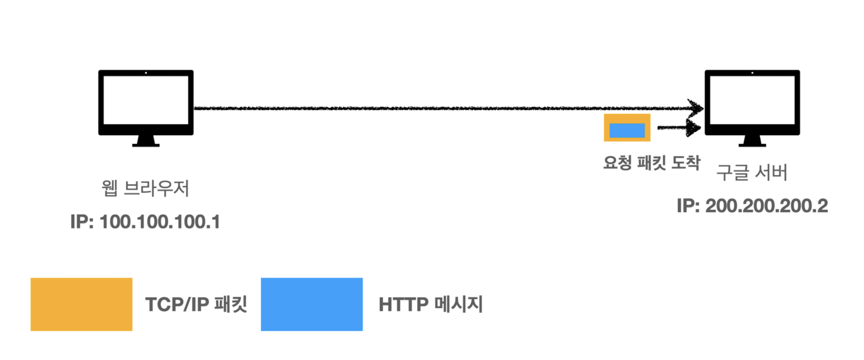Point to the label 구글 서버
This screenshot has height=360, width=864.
752,173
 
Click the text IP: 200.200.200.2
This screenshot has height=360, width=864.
752,206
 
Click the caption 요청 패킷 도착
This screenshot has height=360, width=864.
651,163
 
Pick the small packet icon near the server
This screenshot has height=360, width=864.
627,128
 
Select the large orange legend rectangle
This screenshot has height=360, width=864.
81,304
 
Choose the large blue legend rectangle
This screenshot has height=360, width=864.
311,304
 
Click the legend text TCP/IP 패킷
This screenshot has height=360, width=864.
196,305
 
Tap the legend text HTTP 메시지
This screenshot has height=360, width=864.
430,305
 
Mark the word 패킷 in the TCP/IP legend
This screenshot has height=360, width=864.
231,305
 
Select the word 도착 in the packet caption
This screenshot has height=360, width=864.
685,163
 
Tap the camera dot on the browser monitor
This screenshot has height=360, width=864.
146,73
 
